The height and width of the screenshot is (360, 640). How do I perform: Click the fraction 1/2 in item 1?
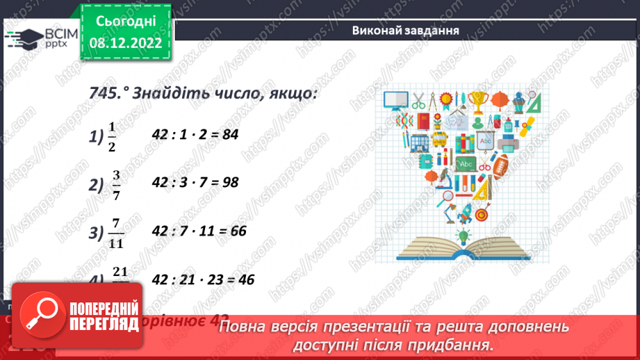111,136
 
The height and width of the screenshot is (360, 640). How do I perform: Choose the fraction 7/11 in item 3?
115,232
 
